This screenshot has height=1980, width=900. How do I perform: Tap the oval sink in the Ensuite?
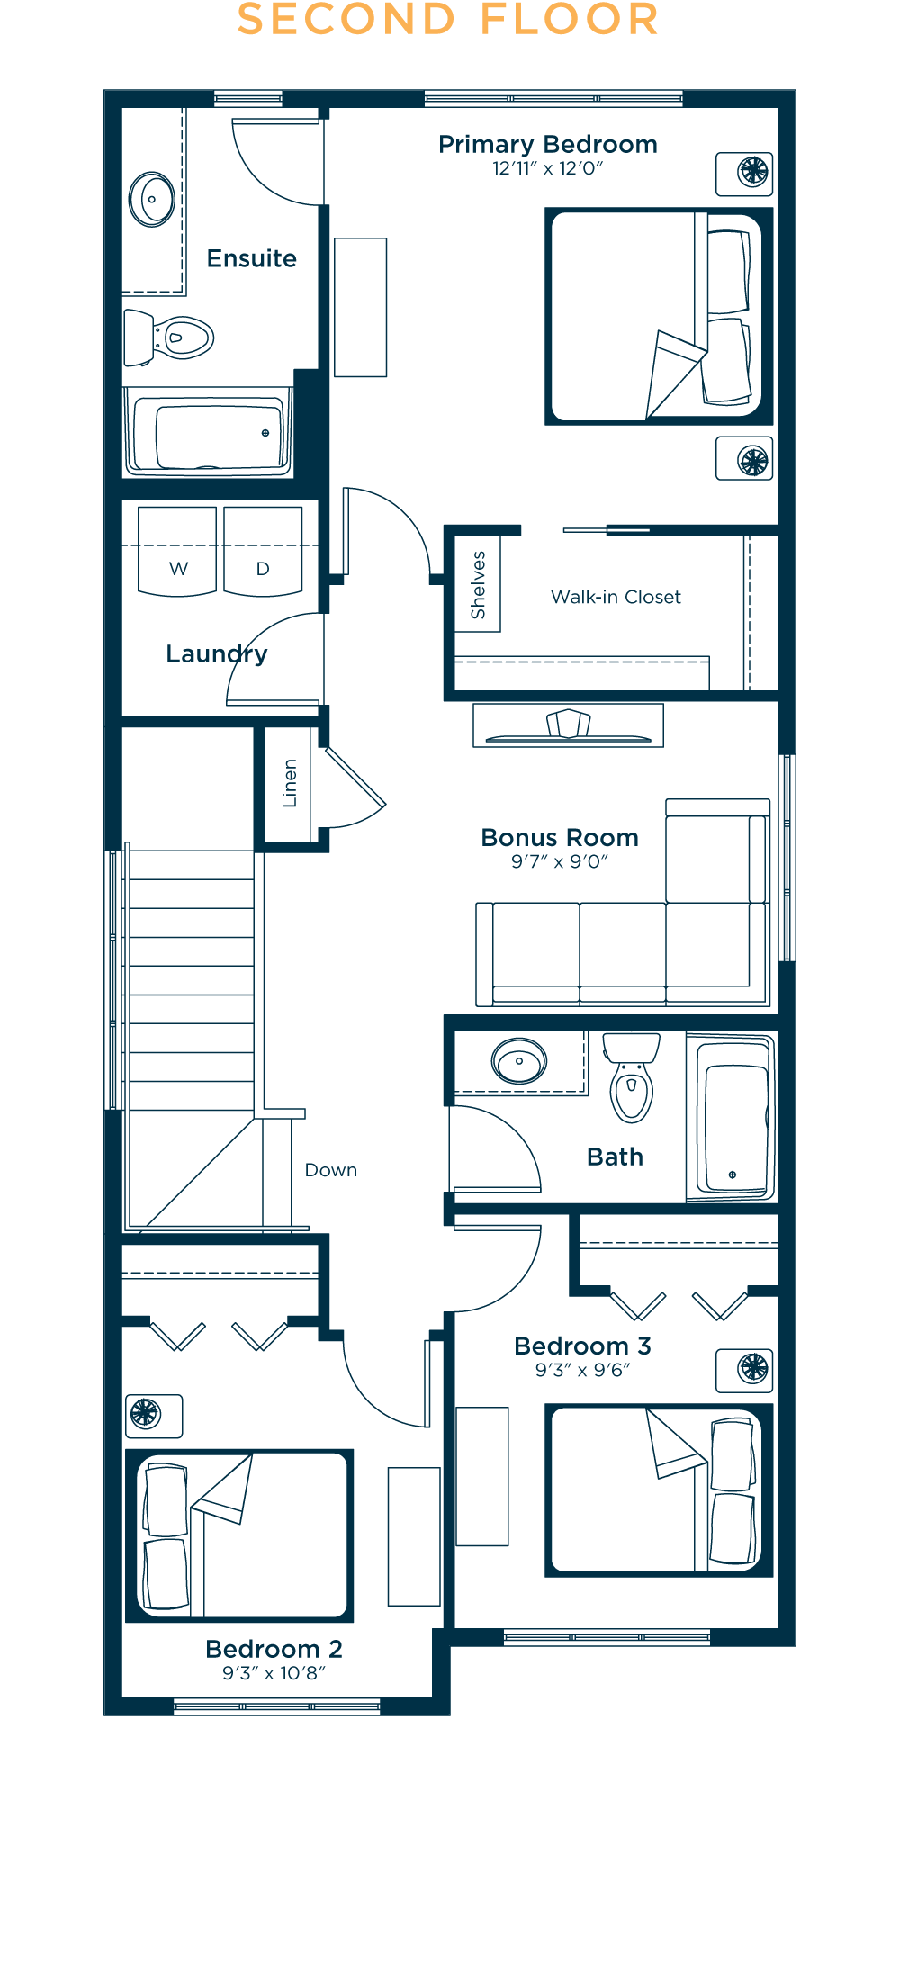pyautogui.click(x=151, y=199)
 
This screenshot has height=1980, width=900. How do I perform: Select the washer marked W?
pyautogui.click(x=177, y=552)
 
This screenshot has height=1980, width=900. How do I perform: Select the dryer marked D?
pyautogui.click(x=263, y=552)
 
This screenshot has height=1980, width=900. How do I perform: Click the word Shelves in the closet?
pyautogui.click(x=478, y=584)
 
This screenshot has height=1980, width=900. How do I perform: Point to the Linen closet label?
pyautogui.click(x=289, y=783)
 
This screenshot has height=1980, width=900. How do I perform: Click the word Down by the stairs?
pyautogui.click(x=331, y=1170)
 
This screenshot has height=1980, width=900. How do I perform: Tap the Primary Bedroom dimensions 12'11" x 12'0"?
pyautogui.click(x=547, y=168)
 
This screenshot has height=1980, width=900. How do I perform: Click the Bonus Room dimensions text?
pyautogui.click(x=560, y=861)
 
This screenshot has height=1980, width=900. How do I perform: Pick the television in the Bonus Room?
pyautogui.click(x=568, y=725)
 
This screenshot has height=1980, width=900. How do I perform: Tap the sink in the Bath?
pyautogui.click(x=519, y=1062)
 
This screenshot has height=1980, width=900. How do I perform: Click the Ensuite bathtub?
pyautogui.click(x=209, y=434)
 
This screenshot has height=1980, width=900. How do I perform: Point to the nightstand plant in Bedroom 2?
pyautogui.click(x=146, y=1413)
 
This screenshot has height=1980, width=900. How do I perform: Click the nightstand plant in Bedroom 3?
pyautogui.click(x=752, y=1368)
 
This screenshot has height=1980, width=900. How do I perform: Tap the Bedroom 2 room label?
pyautogui.click(x=274, y=1649)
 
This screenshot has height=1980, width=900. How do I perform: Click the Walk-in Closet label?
pyautogui.click(x=616, y=597)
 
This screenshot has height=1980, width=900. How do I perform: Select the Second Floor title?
pyautogui.click(x=447, y=20)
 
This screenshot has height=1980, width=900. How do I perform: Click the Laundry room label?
pyautogui.click(x=216, y=653)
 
